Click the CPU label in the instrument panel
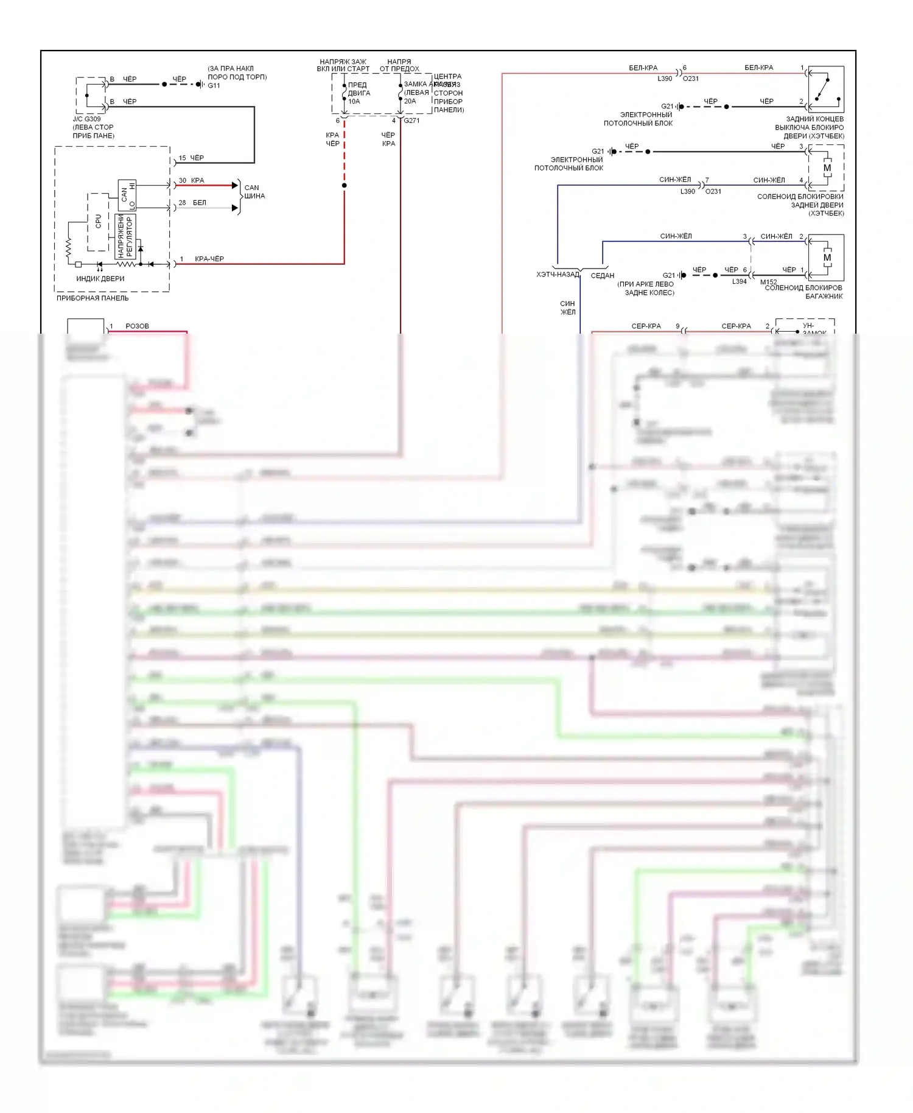point(99,221)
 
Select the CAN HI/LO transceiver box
point(127,195)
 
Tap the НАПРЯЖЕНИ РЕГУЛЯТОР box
point(125,236)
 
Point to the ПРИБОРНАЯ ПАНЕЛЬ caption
point(93,298)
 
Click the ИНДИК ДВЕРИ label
point(100,279)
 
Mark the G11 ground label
point(214,86)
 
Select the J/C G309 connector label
point(87,119)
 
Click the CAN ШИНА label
point(254,192)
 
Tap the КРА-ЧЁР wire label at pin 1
point(209,259)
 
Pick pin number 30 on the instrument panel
point(183,181)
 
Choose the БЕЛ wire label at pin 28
point(200,203)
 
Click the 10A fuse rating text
point(354,102)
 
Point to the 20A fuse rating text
point(410,102)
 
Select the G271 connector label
point(412,121)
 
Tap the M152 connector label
point(769,282)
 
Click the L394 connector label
point(740,281)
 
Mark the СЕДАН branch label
point(603,276)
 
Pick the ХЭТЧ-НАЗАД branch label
point(558,275)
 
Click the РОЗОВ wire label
point(138,326)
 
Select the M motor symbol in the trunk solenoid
point(827,258)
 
